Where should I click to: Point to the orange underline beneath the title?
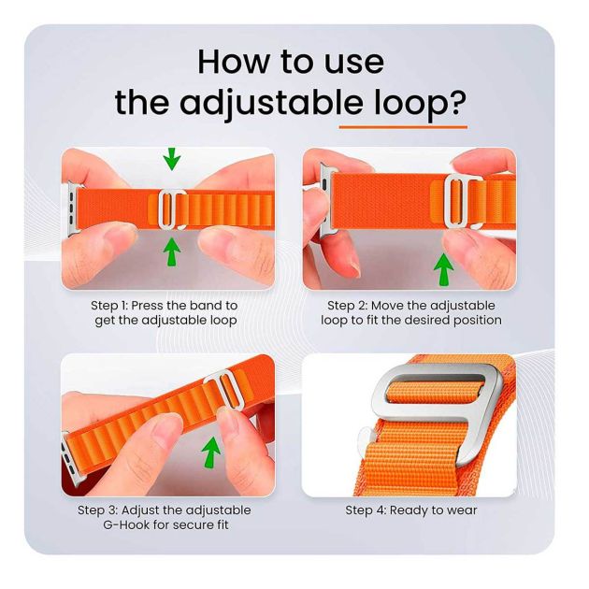402,125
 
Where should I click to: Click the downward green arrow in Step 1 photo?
171,160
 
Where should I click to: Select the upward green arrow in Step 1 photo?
171,251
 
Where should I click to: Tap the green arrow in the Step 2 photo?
444,268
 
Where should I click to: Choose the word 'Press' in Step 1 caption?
158,306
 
